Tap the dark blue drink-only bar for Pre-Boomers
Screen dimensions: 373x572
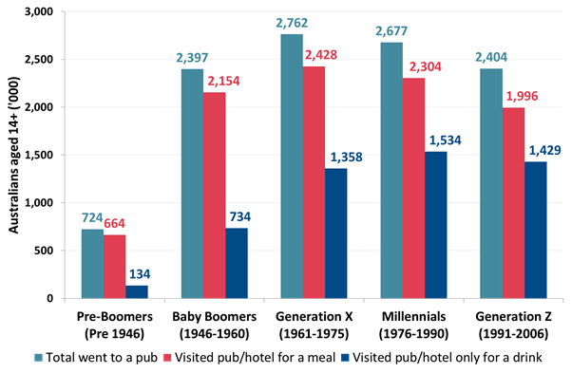tap(137, 291)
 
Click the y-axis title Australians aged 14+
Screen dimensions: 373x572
tap(13, 156)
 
